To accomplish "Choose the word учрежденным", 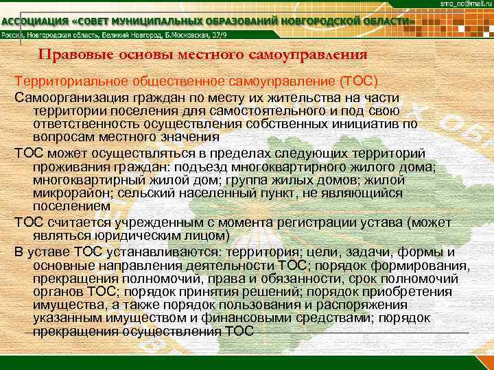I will click(x=154, y=222).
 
